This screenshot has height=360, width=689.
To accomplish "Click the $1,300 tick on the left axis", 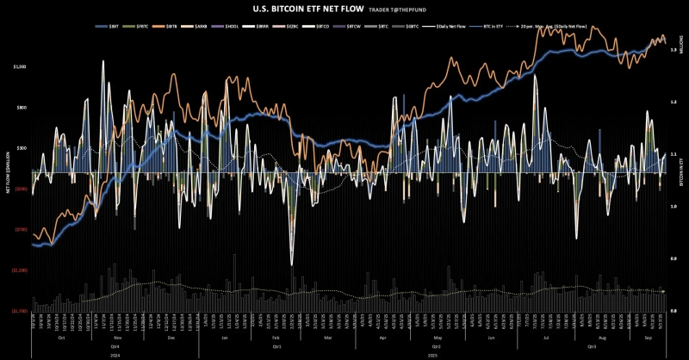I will [x=20, y=66].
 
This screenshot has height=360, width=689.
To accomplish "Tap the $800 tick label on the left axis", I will [x=21, y=108].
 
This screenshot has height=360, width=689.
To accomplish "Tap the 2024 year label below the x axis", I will [x=114, y=353].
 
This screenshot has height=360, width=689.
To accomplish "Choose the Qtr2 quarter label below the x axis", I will [x=436, y=345].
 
